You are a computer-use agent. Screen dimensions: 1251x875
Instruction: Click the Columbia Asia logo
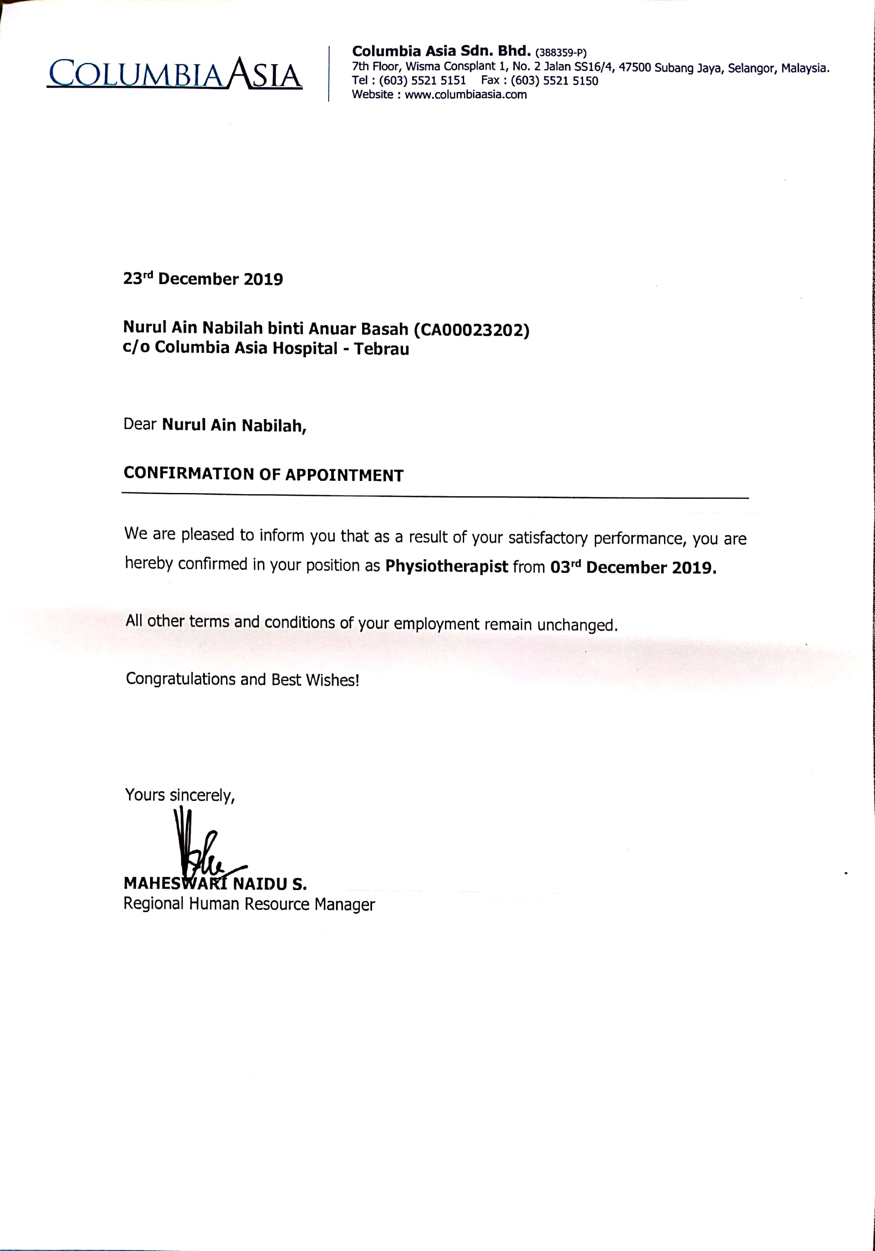coord(174,74)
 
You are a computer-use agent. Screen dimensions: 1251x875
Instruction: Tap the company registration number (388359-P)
coord(561,53)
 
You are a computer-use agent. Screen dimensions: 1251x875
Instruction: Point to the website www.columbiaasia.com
coord(466,95)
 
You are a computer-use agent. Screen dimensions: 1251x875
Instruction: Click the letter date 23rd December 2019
coord(203,278)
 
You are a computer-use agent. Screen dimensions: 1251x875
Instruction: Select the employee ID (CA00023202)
coord(471,330)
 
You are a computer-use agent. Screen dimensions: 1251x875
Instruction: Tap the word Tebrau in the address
coord(381,349)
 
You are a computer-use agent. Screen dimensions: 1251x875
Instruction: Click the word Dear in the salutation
coord(140,424)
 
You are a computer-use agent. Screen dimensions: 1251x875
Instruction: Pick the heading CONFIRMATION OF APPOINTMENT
coord(263,475)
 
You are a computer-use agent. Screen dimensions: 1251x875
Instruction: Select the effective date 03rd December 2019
coord(633,567)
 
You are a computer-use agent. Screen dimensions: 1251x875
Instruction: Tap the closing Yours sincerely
coord(180,795)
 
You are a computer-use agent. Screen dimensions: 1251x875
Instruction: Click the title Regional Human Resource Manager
coord(249,904)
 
